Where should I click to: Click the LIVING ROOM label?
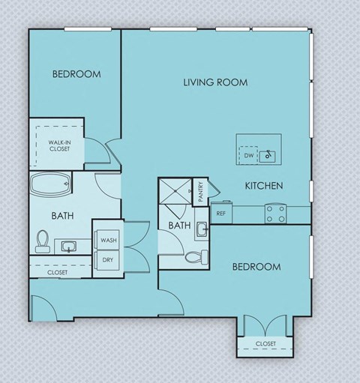215,82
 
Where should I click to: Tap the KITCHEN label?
263,185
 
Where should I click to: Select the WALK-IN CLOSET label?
60,145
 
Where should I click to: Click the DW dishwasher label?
249,156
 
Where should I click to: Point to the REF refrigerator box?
221,213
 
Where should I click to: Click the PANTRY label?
200,192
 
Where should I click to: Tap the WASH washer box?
108,240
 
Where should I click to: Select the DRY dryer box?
108,260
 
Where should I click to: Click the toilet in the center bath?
193,257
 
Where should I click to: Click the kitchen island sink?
270,156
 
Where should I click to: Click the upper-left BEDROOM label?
76,74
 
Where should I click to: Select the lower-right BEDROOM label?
256,267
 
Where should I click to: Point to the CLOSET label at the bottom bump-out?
265,343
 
